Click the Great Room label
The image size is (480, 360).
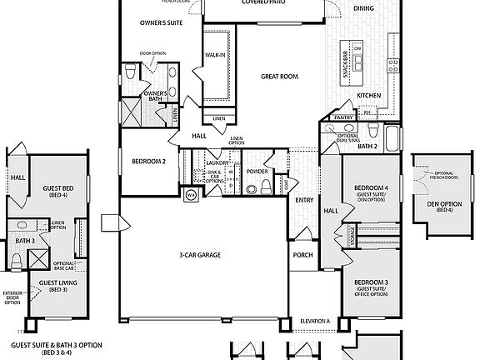(279, 76)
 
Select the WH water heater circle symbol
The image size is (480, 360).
(190, 195)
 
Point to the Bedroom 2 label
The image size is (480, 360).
(148, 160)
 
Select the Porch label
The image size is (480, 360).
(301, 254)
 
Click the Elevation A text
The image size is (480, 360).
(316, 320)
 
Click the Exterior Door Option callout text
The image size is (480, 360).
(12, 297)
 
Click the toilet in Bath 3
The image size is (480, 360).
(16, 262)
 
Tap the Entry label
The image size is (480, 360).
(302, 200)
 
